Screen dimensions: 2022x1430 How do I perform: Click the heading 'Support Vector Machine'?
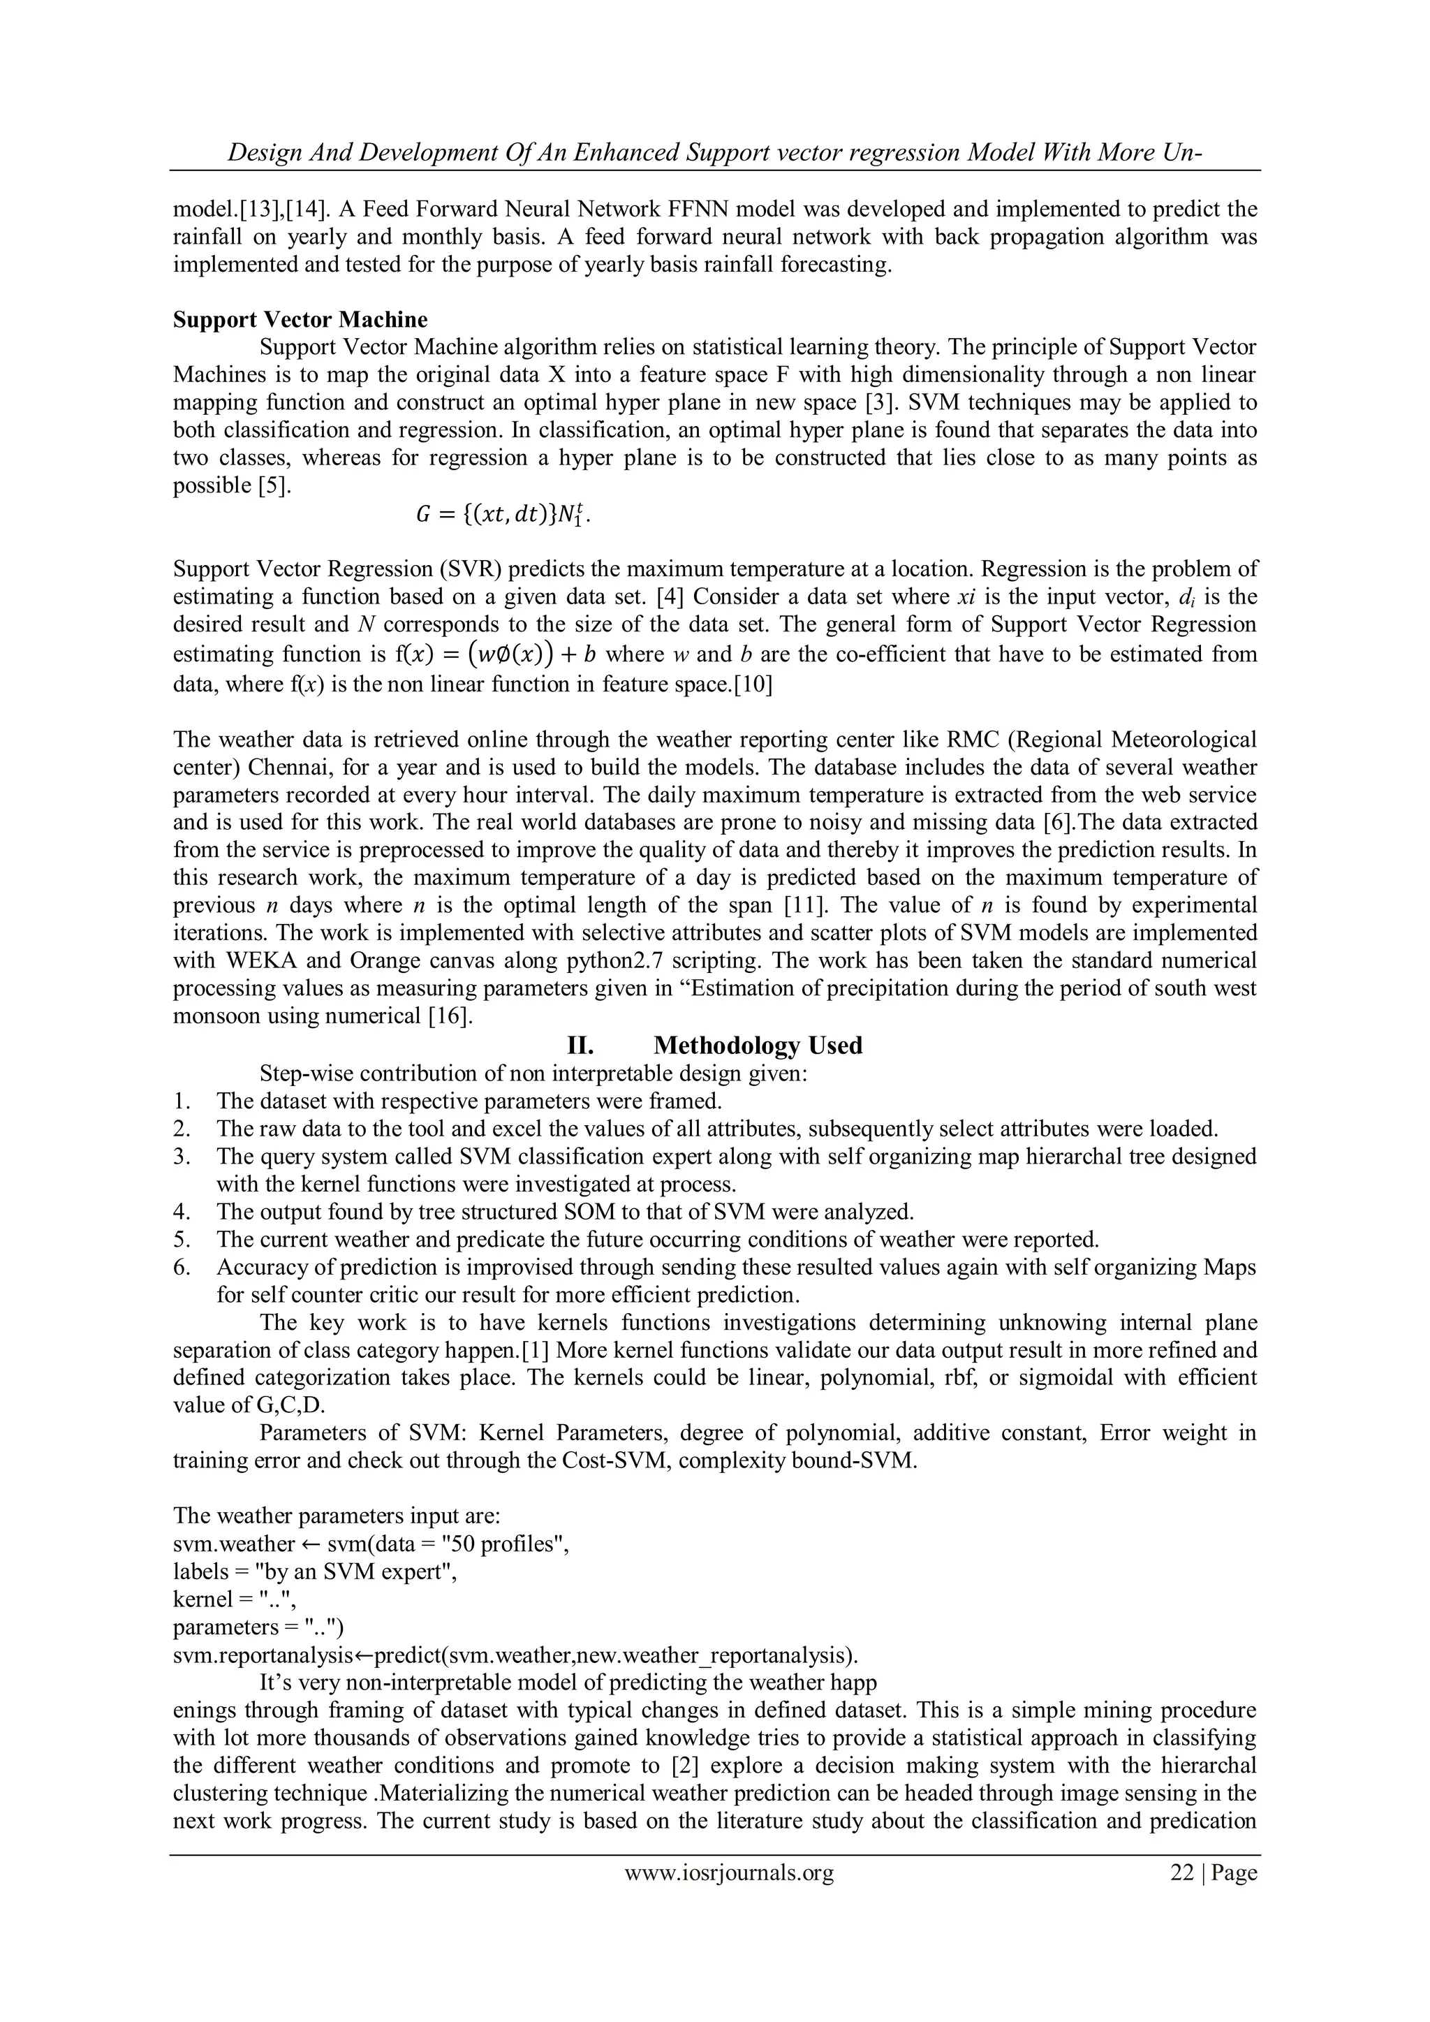click(x=300, y=318)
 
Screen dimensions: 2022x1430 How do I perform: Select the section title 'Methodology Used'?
click(x=758, y=1046)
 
